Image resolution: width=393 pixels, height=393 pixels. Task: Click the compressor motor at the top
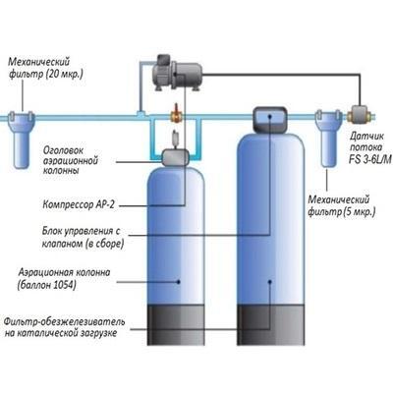177,73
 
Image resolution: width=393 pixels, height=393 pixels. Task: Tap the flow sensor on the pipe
361,116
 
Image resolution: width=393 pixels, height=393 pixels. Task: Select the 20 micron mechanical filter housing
22,139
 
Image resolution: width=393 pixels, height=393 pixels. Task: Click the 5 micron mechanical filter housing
328,139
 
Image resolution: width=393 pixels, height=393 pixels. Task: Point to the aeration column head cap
176,157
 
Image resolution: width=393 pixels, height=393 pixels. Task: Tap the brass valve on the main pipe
177,114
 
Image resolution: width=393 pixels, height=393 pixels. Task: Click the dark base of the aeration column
176,324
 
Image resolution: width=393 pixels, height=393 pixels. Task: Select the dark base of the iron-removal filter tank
271,324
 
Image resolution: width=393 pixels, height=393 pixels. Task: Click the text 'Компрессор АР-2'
79,205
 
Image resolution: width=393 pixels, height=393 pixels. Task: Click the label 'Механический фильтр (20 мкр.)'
45,68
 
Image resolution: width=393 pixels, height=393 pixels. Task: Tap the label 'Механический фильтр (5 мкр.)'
342,205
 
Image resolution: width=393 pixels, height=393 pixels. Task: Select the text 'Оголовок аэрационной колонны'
71,160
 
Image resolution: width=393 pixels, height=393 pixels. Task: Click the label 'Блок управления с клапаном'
84,237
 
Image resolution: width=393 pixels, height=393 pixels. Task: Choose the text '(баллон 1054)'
46,285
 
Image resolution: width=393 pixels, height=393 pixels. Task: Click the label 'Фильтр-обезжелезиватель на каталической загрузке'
64,327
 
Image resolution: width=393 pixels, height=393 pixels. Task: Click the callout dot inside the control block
270,115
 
